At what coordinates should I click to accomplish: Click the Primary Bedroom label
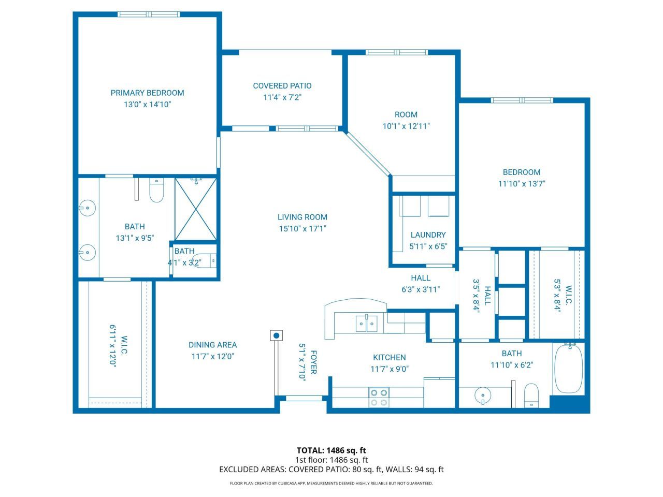click(147, 93)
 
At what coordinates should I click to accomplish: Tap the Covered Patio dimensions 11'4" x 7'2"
click(282, 97)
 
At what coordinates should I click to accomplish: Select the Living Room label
click(302, 217)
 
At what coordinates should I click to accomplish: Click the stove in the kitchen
click(379, 397)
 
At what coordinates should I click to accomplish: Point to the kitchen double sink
click(366, 324)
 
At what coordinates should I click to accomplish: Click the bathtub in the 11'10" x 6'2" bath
click(568, 368)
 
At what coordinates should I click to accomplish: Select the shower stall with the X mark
click(195, 209)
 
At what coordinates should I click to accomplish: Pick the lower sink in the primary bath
click(88, 253)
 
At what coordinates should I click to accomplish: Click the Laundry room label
click(428, 235)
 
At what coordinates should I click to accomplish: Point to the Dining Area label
click(212, 345)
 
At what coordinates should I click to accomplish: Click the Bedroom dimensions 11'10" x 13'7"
click(522, 183)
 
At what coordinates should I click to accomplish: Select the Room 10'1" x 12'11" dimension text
click(406, 126)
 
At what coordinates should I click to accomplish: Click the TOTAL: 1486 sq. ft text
click(331, 450)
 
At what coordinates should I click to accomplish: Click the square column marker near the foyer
click(276, 335)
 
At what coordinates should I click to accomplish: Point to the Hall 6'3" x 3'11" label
click(420, 279)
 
